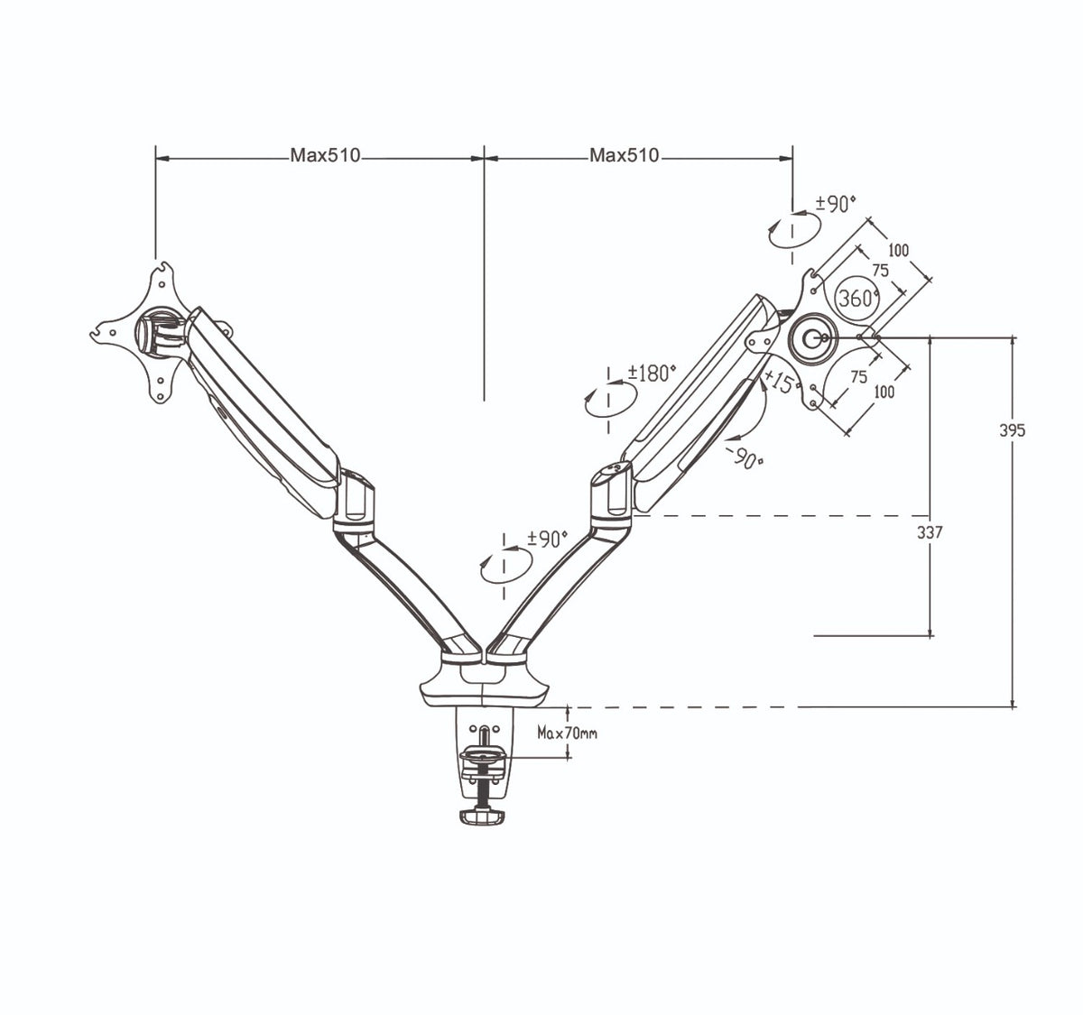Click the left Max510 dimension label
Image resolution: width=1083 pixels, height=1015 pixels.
325,155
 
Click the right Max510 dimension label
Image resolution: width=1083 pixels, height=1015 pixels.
625,155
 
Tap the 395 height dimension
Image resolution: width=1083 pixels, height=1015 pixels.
1013,430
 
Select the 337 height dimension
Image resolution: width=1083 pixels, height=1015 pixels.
930,532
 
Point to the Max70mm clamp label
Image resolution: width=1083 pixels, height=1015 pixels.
567,734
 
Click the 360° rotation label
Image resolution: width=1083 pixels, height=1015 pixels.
857,298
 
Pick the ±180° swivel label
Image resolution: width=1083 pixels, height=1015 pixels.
652,373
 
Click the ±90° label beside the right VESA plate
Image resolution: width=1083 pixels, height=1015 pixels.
835,204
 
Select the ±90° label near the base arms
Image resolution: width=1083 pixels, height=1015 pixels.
547,539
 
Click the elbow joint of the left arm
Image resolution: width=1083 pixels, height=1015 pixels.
353,499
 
